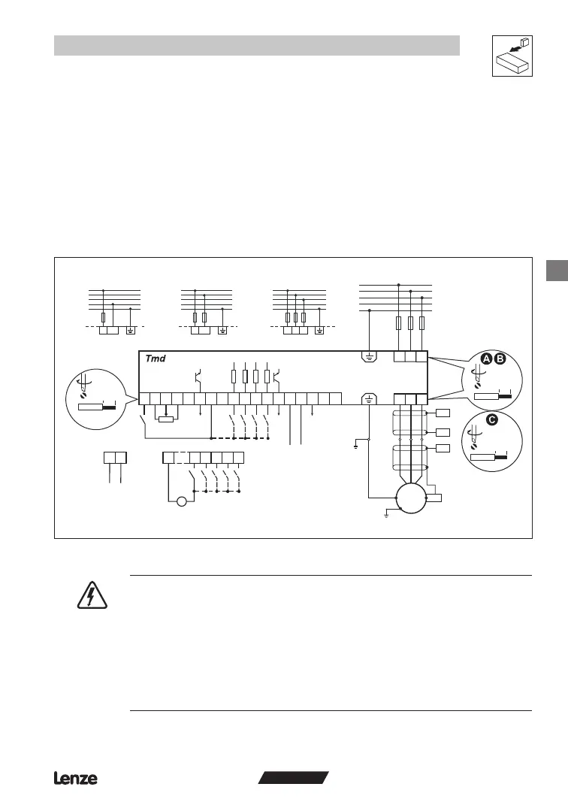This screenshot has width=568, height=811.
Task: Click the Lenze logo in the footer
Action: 75,779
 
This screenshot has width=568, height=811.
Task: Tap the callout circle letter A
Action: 487,359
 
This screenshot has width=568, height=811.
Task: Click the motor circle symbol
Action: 410,497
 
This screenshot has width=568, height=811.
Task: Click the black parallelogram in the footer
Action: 294,778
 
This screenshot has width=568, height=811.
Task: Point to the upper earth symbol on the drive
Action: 369,356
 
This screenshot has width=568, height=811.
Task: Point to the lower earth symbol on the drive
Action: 369,399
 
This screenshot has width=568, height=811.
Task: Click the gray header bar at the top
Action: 256,45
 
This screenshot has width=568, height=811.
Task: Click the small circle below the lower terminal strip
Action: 181,501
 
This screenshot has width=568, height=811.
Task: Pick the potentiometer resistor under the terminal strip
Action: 166,419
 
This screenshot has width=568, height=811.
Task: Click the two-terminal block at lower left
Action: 115,456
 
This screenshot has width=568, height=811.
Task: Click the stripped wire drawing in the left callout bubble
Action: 98,407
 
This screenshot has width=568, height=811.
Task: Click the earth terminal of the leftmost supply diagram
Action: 131,330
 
